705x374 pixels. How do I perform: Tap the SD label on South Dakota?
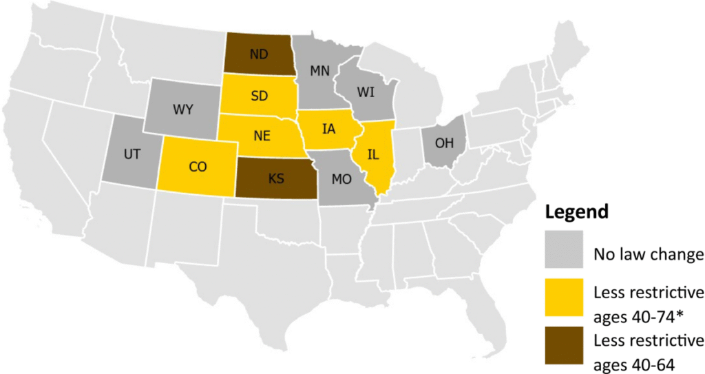pyautogui.click(x=259, y=96)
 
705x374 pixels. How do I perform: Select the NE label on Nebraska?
pyautogui.click(x=262, y=135)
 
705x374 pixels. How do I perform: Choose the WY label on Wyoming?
pyautogui.click(x=182, y=110)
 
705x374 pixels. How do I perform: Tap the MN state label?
pyautogui.click(x=320, y=70)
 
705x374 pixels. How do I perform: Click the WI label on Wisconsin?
pyautogui.click(x=366, y=92)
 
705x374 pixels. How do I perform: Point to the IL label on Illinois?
pyautogui.click(x=374, y=154)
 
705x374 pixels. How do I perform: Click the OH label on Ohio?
pyautogui.click(x=444, y=144)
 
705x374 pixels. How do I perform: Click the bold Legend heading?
pyautogui.click(x=576, y=212)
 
